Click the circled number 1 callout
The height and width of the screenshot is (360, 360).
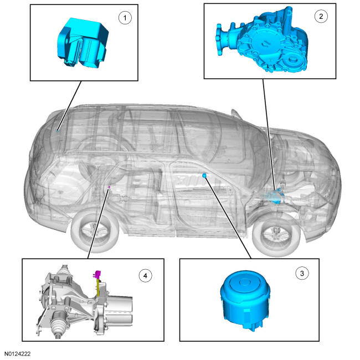tap(125, 18)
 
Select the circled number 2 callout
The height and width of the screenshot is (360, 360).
tap(321, 16)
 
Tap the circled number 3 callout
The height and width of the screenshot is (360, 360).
tap(302, 273)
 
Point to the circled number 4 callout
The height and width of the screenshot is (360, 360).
tap(145, 275)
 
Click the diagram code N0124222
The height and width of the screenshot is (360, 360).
tap(18, 354)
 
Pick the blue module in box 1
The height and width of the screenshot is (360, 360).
tap(83, 43)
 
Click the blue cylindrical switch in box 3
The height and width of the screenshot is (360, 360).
tap(245, 300)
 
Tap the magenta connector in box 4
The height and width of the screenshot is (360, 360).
tap(97, 274)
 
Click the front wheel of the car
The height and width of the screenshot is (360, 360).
tap(276, 236)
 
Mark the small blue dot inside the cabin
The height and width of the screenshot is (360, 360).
tap(204, 176)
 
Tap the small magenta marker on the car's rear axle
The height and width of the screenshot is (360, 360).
tap(109, 187)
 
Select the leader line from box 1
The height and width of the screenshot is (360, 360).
tap(69, 106)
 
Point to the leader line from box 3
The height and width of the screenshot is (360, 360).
tap(228, 218)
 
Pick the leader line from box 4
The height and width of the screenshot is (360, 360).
tap(98, 223)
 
